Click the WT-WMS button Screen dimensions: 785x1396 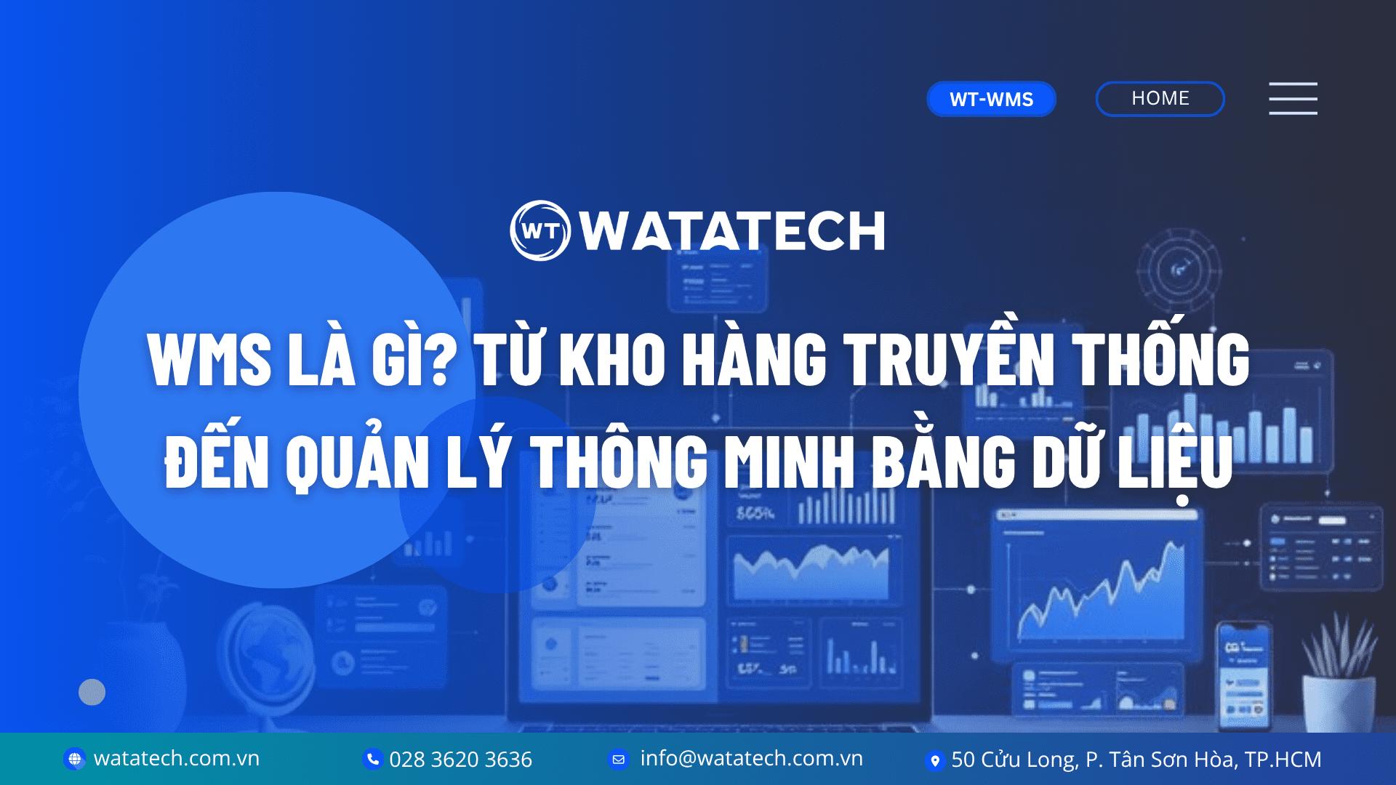(x=991, y=99)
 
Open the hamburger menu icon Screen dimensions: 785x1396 (x=1293, y=98)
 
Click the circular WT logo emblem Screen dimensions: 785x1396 (x=540, y=230)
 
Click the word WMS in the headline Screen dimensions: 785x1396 (x=209, y=359)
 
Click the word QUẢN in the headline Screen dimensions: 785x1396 (x=357, y=461)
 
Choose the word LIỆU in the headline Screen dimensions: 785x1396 (x=1175, y=461)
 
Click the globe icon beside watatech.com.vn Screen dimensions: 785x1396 (x=74, y=759)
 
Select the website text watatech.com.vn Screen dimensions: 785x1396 (x=177, y=759)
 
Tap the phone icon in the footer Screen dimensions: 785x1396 (x=372, y=759)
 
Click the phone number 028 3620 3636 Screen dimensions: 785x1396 (x=460, y=760)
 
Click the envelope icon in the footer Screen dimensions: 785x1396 (x=618, y=759)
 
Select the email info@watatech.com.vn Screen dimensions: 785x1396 (x=751, y=759)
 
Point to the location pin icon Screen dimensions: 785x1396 (x=934, y=760)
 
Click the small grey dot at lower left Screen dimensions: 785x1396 (x=92, y=692)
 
